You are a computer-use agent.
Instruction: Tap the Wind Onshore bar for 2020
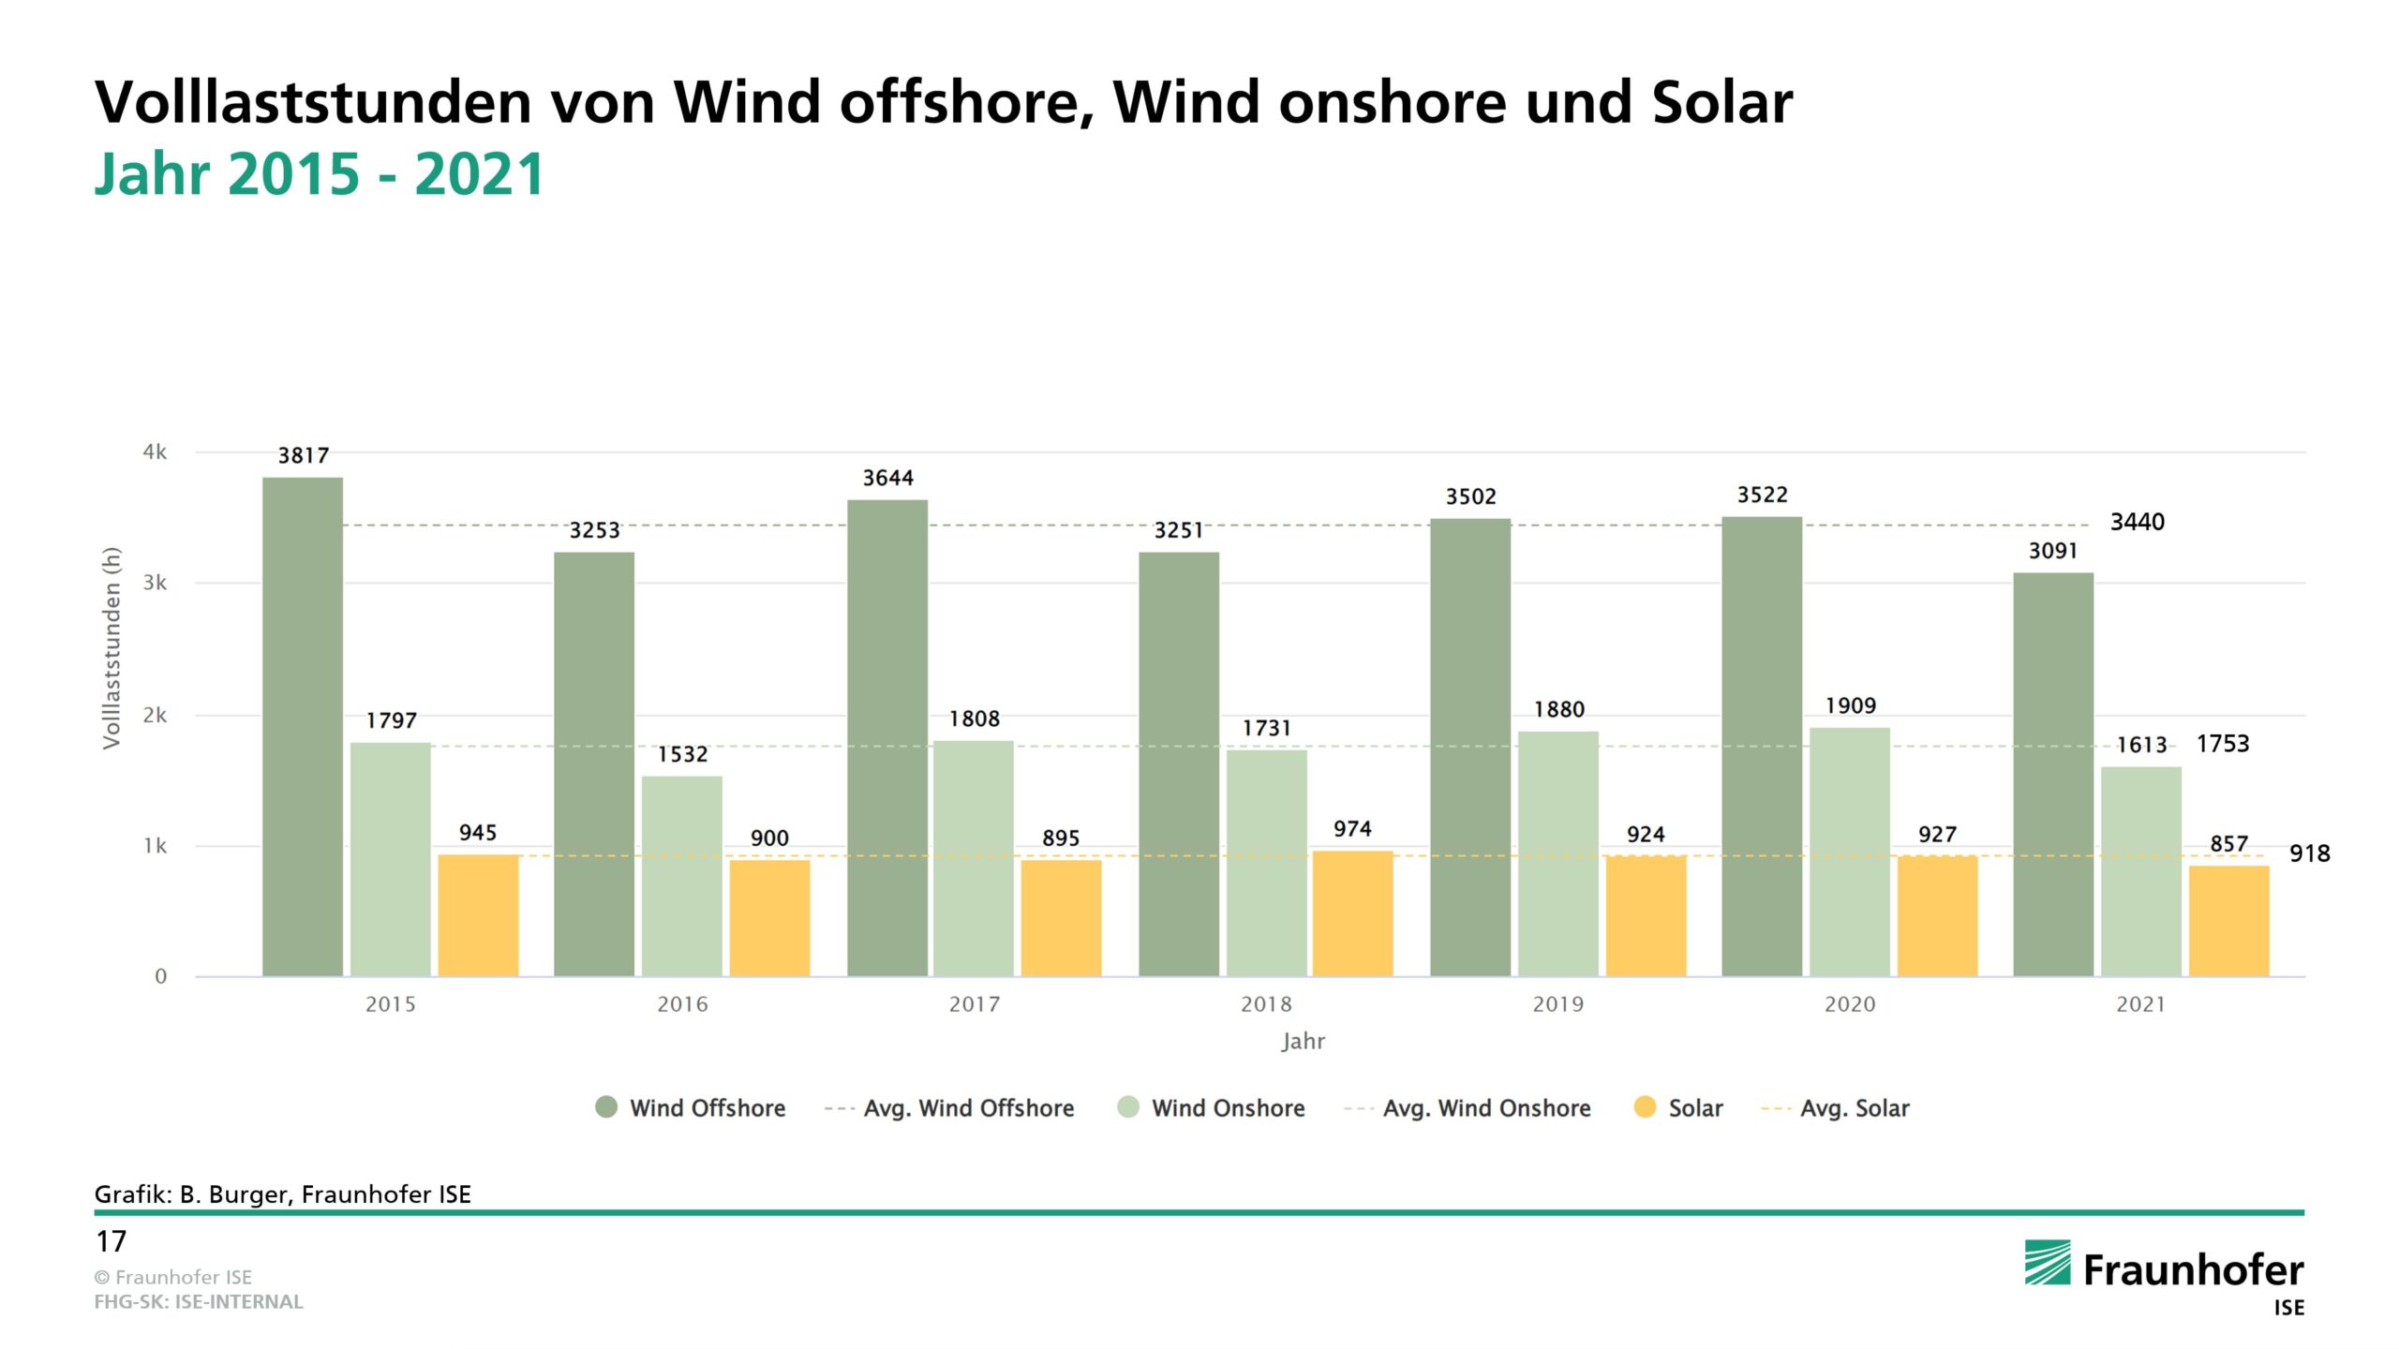click(1849, 852)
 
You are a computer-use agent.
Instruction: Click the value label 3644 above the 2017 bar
click(887, 479)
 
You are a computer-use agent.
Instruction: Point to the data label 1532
click(682, 755)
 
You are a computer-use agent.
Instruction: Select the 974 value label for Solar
click(1352, 829)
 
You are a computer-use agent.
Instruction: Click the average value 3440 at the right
click(2137, 523)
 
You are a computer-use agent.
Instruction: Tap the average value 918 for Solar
click(2309, 853)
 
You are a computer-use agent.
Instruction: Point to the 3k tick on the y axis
click(155, 583)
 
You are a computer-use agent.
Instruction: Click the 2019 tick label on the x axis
click(1557, 1004)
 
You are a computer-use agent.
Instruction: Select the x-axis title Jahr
click(1303, 1042)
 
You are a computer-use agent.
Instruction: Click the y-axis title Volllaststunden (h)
click(112, 647)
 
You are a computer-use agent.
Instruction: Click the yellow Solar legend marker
click(1645, 1107)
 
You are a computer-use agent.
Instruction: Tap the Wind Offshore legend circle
click(606, 1107)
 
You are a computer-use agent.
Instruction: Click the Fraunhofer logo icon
click(2047, 1263)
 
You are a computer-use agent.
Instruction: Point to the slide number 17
click(111, 1242)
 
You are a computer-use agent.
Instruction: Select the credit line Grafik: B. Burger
click(282, 1194)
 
